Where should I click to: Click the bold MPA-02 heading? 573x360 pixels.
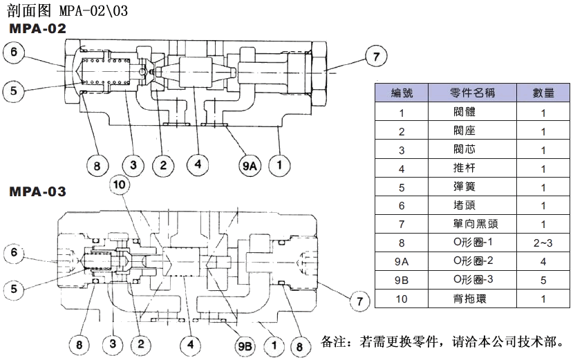coord(37,29)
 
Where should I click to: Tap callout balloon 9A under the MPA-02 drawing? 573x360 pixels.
coord(249,165)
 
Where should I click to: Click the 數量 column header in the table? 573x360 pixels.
coord(543,93)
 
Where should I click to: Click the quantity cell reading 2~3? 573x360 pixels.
coord(543,243)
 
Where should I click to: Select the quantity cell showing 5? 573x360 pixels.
coord(543,281)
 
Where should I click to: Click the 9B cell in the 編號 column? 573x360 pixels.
coord(401,281)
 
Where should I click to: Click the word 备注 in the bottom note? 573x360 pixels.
coord(335,341)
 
